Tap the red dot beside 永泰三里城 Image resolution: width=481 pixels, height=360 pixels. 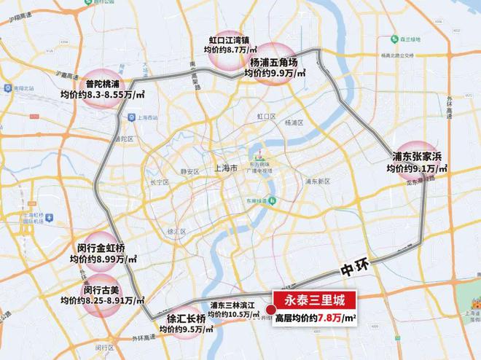pyautogui.click(x=272, y=318)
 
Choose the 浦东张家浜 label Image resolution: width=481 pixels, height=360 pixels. pyautogui.click(x=418, y=156)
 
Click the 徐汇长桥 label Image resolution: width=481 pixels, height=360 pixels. pyautogui.click(x=186, y=318)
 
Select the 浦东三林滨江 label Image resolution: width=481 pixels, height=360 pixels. pyautogui.click(x=234, y=305)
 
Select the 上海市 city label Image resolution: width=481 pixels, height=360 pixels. pyautogui.click(x=224, y=167)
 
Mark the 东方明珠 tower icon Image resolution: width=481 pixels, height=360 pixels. pyautogui.click(x=258, y=156)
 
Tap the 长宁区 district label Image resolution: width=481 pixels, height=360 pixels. pyautogui.click(x=158, y=183)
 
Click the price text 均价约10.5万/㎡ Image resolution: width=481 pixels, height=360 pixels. pyautogui.click(x=234, y=315)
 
